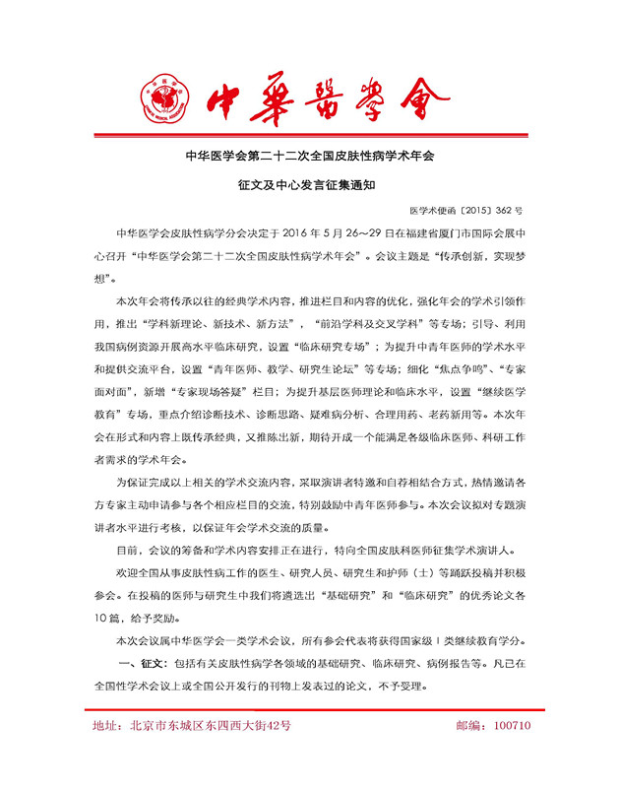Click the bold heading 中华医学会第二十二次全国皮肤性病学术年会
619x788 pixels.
coord(309,157)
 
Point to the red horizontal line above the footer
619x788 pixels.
coord(309,709)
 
